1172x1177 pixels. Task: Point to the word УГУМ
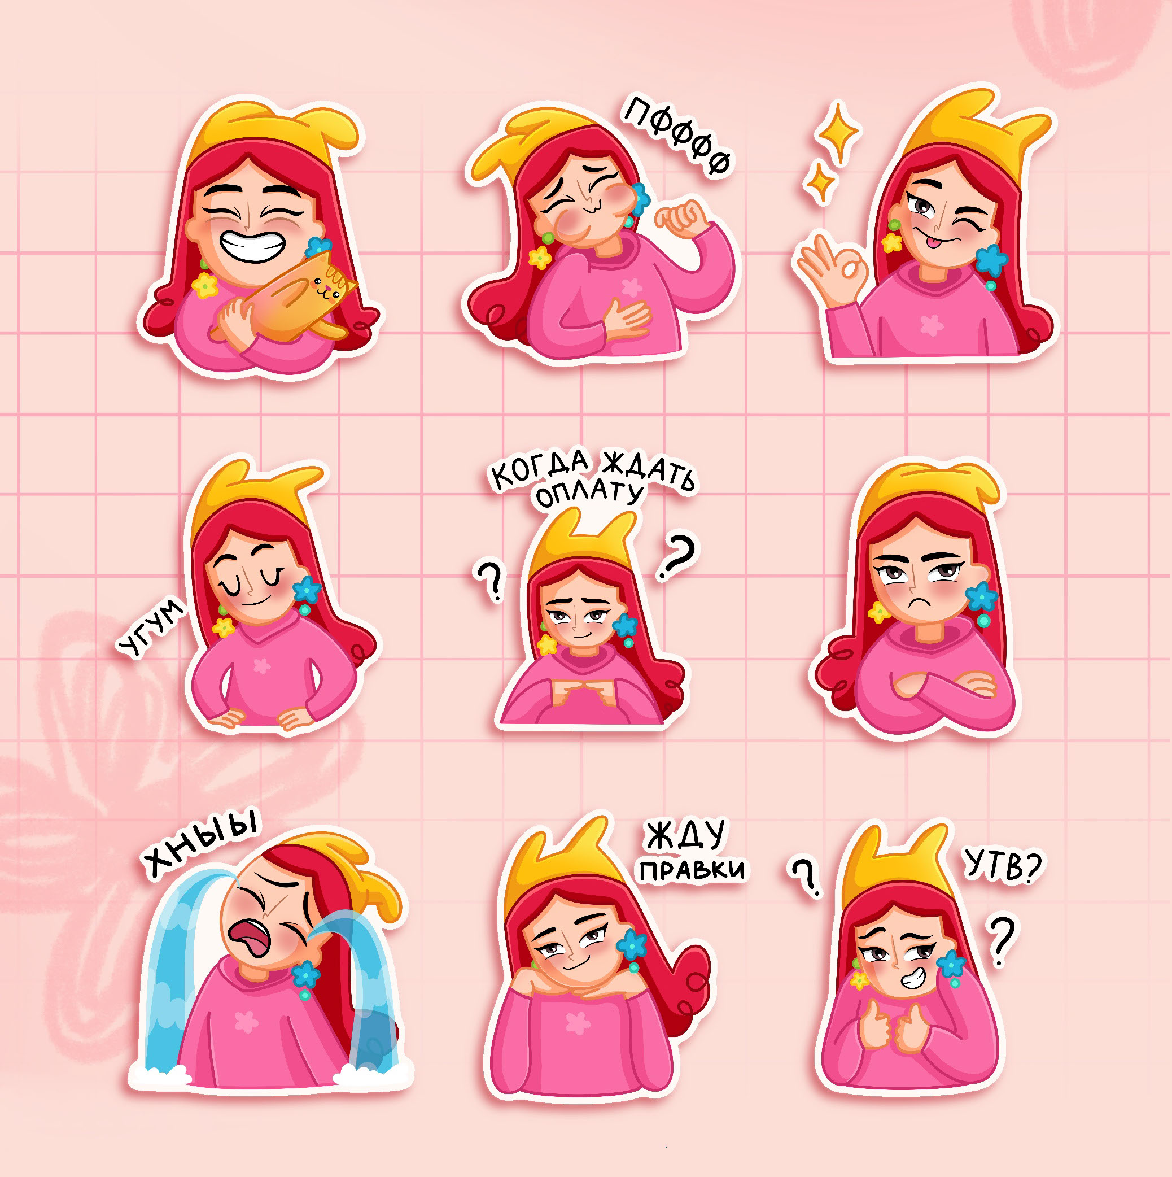pyautogui.click(x=150, y=628)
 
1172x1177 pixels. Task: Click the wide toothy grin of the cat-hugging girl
pyautogui.click(x=252, y=246)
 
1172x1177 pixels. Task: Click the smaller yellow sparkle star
pyautogui.click(x=820, y=181)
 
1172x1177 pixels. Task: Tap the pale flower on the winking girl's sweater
pyautogui.click(x=932, y=326)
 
